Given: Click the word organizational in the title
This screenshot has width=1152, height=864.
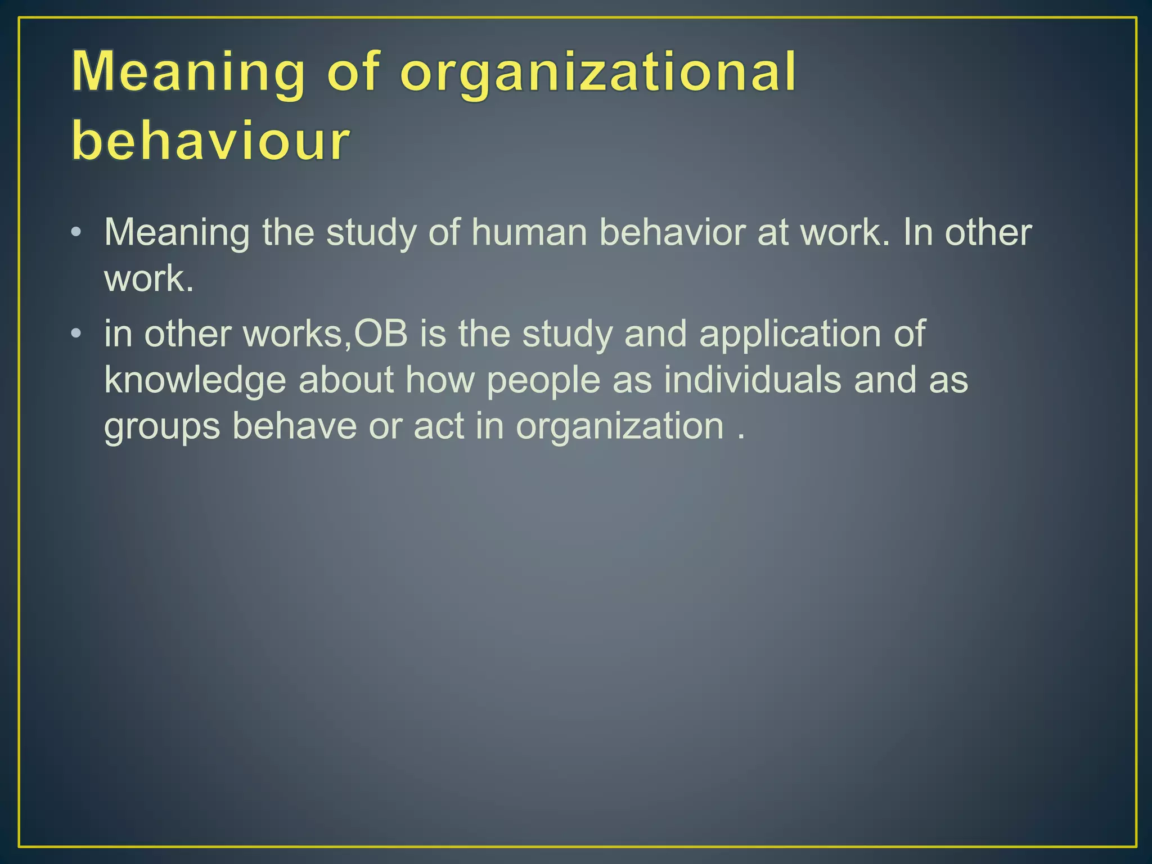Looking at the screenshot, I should tap(598, 73).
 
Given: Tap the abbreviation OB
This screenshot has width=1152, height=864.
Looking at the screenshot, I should tap(381, 334).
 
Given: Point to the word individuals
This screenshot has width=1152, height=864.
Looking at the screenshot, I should tap(753, 380).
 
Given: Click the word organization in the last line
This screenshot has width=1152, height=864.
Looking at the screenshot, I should tap(620, 427).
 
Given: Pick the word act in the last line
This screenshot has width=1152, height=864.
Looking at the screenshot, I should tap(438, 426).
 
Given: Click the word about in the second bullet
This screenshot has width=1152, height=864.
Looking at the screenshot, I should tap(346, 380).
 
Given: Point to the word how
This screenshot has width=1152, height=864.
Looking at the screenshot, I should tap(440, 380).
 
